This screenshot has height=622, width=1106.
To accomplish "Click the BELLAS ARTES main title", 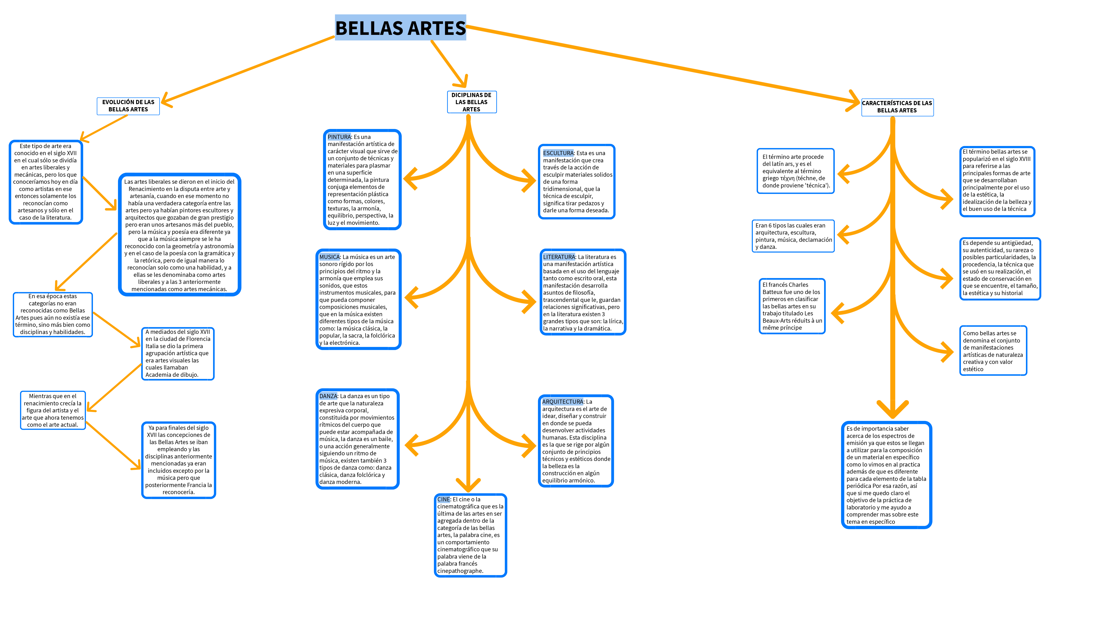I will pos(400,28).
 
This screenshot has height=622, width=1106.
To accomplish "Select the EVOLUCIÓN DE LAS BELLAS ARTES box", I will pos(128,106).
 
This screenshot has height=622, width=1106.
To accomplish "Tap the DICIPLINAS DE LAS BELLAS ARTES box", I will pos(471,102).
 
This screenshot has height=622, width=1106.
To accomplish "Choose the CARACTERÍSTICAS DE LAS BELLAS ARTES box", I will pos(897,106).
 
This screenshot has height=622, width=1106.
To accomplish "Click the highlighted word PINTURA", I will pos(339,137).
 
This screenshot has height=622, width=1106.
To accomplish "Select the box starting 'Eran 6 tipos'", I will pos(793,236).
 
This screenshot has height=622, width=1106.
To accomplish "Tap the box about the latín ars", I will pos(795,171).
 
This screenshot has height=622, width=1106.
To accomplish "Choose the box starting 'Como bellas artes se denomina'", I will pos(993,351).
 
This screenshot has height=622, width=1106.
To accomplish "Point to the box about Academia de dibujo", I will pos(178,353).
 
